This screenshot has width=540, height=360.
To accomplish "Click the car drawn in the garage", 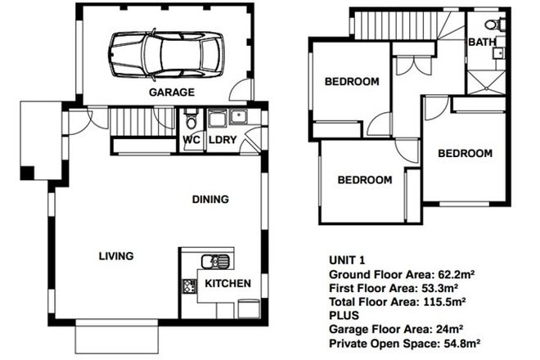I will point(165,55).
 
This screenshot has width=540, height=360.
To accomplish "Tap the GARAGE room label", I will point(171,92).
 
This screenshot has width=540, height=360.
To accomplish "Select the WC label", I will point(191,140).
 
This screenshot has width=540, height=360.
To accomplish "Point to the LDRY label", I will point(222,140).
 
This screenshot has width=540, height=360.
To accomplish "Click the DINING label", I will point(210,199).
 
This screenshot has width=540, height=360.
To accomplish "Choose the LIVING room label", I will point(115,256).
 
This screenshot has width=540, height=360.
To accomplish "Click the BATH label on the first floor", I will point(481,41).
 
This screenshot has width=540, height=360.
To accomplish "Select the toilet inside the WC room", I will point(191,120).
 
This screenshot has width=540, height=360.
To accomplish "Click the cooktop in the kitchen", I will point(189,286).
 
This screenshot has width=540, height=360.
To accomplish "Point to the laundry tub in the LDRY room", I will point(218,119).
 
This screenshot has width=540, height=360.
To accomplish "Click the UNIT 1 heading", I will point(347,259).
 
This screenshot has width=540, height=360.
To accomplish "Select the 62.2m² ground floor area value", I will point(441,274).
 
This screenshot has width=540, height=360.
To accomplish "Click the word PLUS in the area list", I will point(344,316).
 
